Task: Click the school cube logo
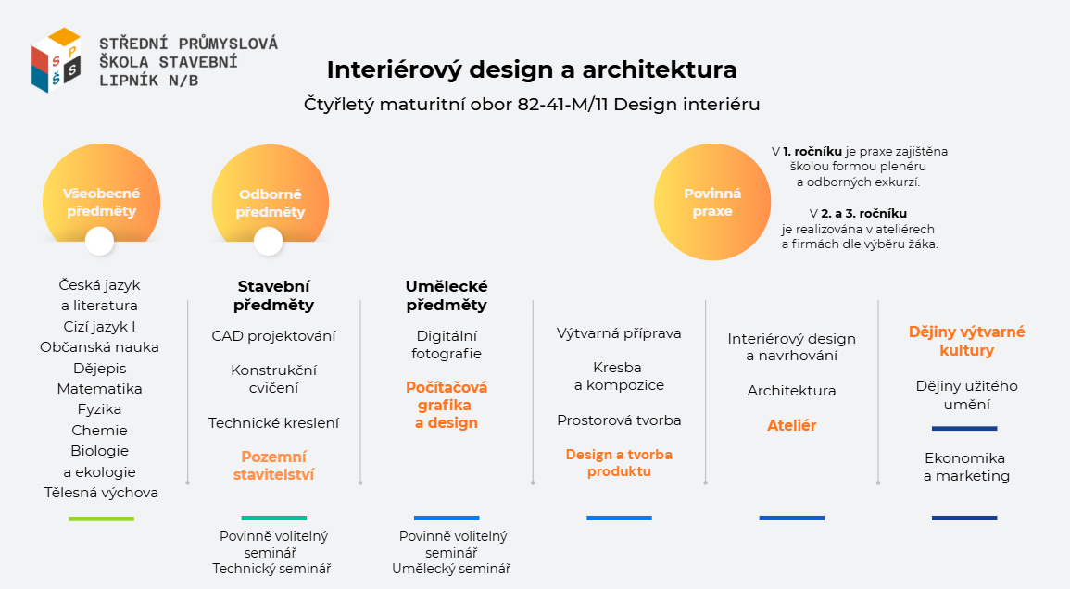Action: pyautogui.click(x=56, y=60)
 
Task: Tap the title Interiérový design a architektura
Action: pyautogui.click(x=532, y=69)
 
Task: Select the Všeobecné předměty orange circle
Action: pyautogui.click(x=101, y=198)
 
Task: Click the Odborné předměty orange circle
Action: pyautogui.click(x=271, y=198)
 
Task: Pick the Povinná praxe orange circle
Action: pyautogui.click(x=712, y=202)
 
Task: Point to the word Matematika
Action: pyautogui.click(x=100, y=389)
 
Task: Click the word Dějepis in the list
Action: pyautogui.click(x=100, y=369)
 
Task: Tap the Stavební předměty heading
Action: pyautogui.click(x=273, y=295)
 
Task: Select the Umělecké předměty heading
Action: pyautogui.click(x=447, y=295)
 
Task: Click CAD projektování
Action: pyautogui.click(x=273, y=336)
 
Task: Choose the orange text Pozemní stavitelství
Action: pyautogui.click(x=273, y=466)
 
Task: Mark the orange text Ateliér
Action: pyautogui.click(x=791, y=425)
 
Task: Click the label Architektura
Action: pyautogui.click(x=791, y=391)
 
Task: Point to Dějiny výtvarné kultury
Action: pyautogui.click(x=966, y=341)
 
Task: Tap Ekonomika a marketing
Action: pyautogui.click(x=966, y=467)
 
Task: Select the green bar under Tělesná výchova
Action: pyautogui.click(x=101, y=519)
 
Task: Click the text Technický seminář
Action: pyautogui.click(x=271, y=569)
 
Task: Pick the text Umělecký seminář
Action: pyautogui.click(x=451, y=569)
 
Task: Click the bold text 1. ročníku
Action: pyautogui.click(x=812, y=152)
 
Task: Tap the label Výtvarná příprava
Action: pyautogui.click(x=619, y=333)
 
